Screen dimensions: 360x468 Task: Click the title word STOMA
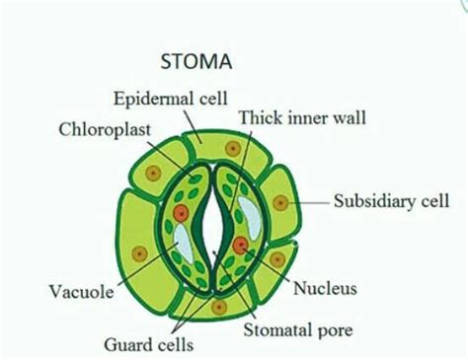tap(195, 62)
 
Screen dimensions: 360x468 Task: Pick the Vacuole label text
tap(80, 292)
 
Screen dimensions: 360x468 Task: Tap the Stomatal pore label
tap(297, 329)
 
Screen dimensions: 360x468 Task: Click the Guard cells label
tap(149, 344)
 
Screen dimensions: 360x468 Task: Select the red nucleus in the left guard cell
tap(180, 213)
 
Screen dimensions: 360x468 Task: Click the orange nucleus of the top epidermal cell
tap(232, 148)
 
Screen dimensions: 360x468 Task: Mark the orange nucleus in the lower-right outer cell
tap(278, 259)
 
